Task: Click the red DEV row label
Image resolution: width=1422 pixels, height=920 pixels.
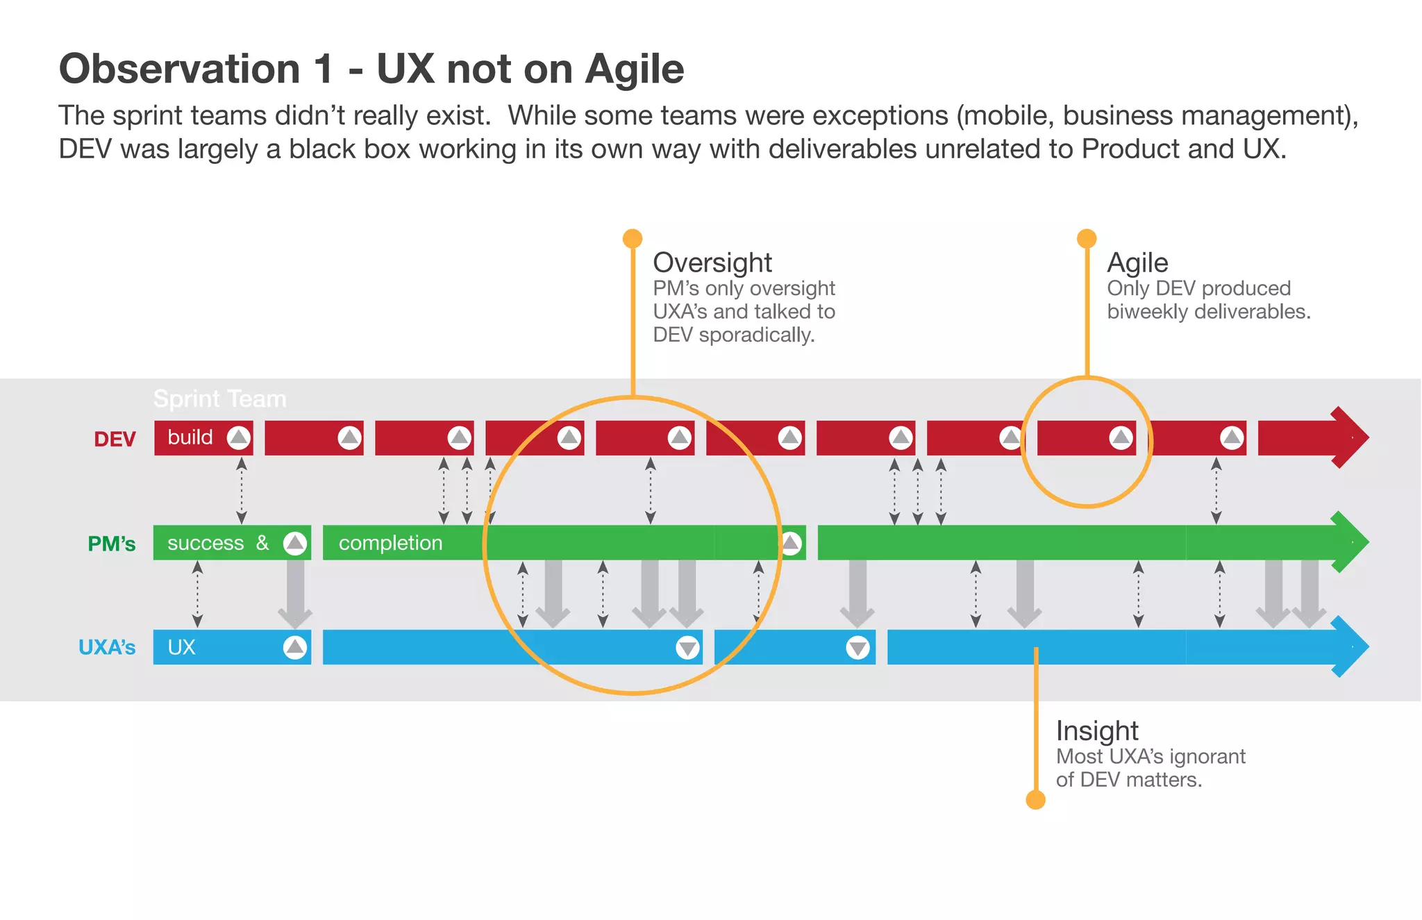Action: [x=115, y=440]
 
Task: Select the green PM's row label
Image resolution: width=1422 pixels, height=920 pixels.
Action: [x=111, y=544]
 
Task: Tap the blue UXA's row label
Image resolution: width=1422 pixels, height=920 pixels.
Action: [x=107, y=648]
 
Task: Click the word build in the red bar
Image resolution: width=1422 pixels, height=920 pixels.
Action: [x=190, y=437]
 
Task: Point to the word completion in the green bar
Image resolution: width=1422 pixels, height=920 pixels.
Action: [x=390, y=543]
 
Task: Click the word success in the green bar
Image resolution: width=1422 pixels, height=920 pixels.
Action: [x=206, y=543]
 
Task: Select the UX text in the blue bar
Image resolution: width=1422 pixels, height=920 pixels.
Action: [x=181, y=647]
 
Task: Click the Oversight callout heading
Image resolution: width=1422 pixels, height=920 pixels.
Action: [x=712, y=262]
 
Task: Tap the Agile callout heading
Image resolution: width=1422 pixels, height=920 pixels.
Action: [x=1137, y=262]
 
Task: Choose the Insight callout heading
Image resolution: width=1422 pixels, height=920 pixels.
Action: [x=1097, y=730]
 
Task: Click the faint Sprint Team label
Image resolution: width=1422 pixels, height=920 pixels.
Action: [x=219, y=399]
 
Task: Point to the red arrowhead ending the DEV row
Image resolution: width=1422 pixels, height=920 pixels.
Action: [x=1348, y=437]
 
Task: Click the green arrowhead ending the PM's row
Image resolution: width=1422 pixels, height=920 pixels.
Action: [x=1348, y=542]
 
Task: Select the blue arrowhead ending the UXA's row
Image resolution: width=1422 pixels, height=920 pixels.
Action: [x=1348, y=646]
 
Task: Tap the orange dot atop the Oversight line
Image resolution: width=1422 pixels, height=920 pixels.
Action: [x=633, y=239]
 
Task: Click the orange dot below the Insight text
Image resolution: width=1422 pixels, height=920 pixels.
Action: [x=1035, y=800]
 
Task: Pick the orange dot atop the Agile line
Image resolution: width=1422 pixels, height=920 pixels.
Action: [x=1087, y=239]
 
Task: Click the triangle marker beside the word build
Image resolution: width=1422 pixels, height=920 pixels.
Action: [x=239, y=437]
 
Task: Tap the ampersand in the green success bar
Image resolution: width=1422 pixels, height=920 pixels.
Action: [x=262, y=543]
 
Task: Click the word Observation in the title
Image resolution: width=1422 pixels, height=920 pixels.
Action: [x=180, y=69]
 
